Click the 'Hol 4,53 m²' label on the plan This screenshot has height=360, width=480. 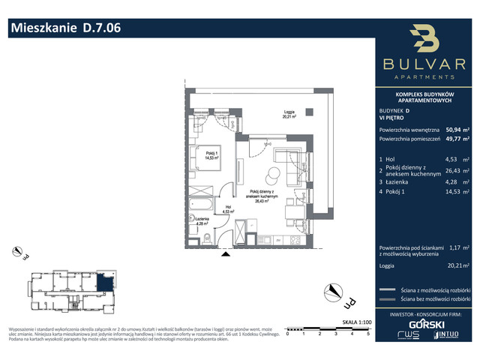[x=227, y=210]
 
